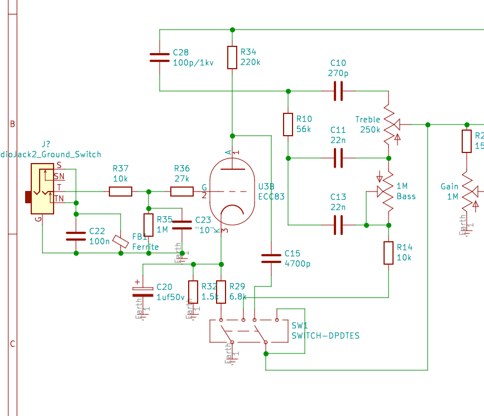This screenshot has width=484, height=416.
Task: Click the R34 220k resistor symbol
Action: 232,57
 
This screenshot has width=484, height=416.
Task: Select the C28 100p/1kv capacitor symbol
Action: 160,57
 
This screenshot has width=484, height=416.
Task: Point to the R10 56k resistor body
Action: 288,125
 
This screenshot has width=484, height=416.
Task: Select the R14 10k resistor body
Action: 389,252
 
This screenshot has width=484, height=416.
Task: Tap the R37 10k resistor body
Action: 121,192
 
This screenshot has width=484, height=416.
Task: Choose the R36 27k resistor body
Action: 182,192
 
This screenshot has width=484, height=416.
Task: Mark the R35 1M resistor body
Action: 148,224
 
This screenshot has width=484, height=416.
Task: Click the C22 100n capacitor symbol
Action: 76,236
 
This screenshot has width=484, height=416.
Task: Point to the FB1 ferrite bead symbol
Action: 121,241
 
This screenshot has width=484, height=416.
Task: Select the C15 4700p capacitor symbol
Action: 271,258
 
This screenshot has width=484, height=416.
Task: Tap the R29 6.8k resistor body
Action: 221,291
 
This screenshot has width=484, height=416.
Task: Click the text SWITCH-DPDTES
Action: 325,336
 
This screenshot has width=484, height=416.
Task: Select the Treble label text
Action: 367,119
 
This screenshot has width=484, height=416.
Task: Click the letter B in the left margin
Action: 12,124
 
